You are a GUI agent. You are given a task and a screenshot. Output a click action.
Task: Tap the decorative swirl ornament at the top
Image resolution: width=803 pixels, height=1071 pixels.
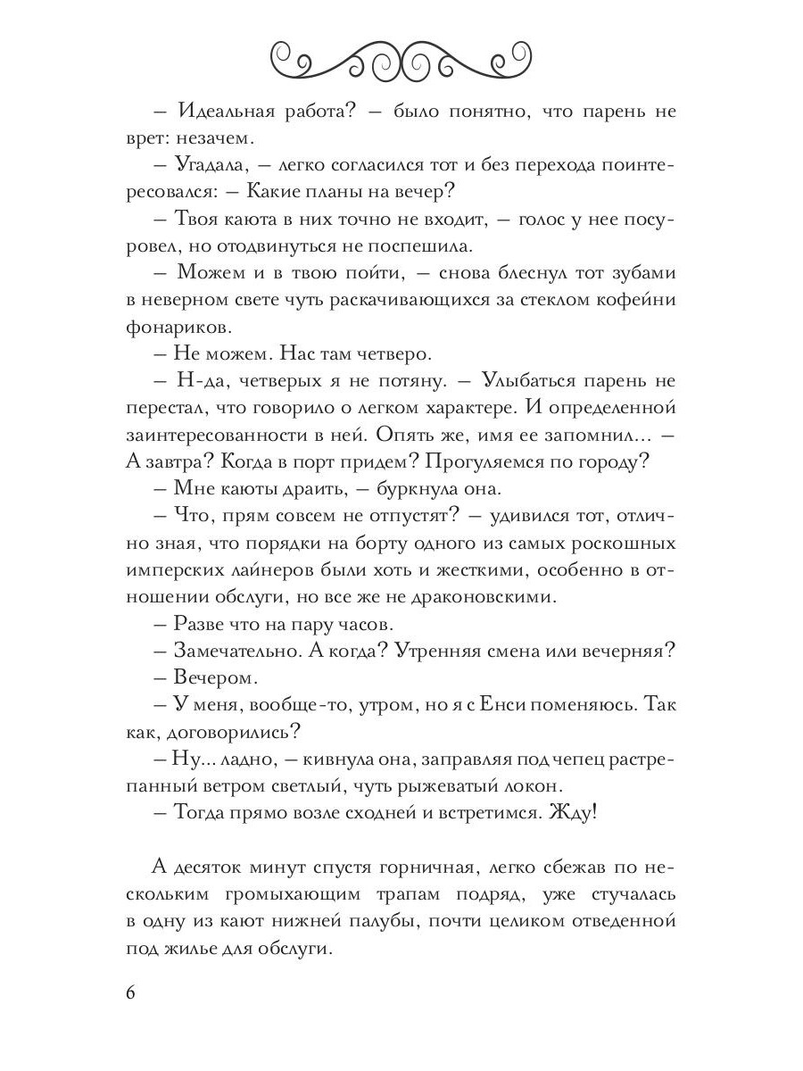point(402,60)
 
